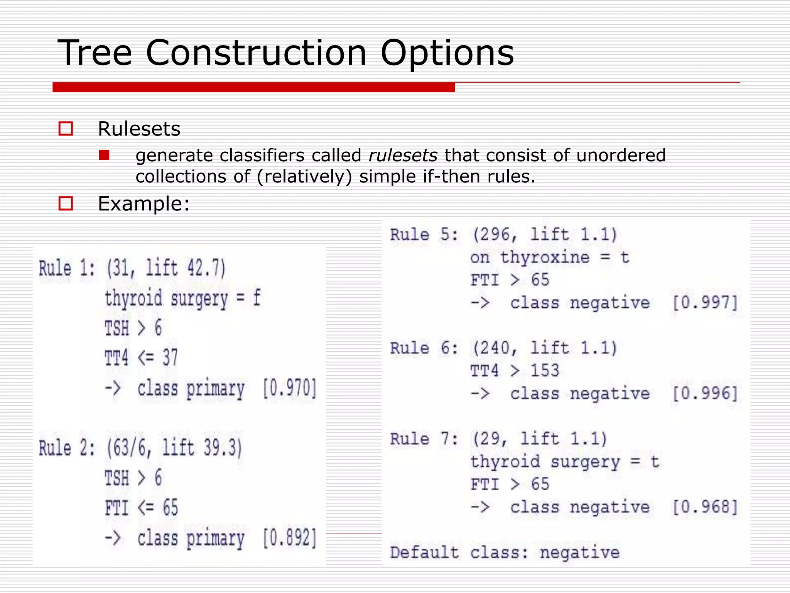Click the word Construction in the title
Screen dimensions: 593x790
pyautogui.click(x=256, y=53)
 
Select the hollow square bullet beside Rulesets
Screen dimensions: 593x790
pyautogui.click(x=66, y=129)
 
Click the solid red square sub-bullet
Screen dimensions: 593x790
pyautogui.click(x=104, y=155)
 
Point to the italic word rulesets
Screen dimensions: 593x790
pyautogui.click(x=403, y=156)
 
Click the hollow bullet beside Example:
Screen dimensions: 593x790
pyautogui.click(x=66, y=203)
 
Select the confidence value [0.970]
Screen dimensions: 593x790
pyautogui.click(x=289, y=388)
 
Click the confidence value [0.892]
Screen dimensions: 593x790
pyautogui.click(x=289, y=538)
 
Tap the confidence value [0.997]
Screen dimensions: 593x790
pyautogui.click(x=705, y=302)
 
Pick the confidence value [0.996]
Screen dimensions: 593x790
pyautogui.click(x=705, y=393)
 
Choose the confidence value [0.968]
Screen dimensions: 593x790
pyautogui.click(x=705, y=507)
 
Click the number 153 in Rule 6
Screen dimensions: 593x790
pyautogui.click(x=545, y=371)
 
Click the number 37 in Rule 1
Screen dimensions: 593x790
pyautogui.click(x=170, y=357)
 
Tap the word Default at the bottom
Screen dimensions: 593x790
pyautogui.click(x=424, y=552)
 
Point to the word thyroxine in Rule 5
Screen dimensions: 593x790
pyautogui.click(x=545, y=258)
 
